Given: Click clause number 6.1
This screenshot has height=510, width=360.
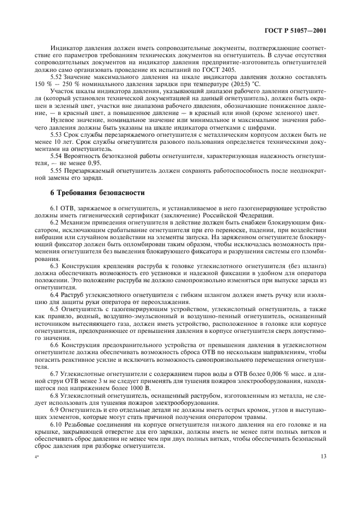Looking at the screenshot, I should point(54,208).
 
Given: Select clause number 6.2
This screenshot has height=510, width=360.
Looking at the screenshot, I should point(54,223).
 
